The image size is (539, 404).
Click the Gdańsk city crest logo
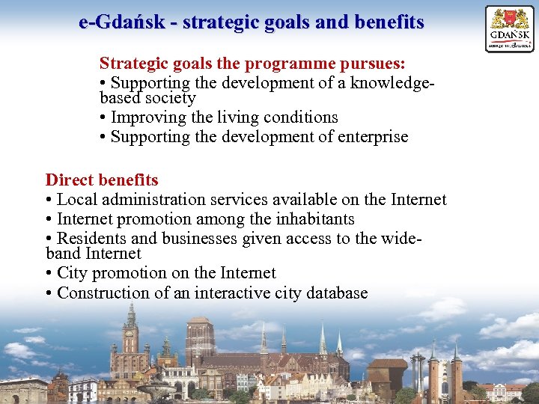click(x=510, y=28)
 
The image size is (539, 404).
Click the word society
click(x=171, y=98)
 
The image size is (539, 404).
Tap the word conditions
click(x=297, y=117)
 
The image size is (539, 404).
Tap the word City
click(x=71, y=273)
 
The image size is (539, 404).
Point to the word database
click(x=334, y=293)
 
